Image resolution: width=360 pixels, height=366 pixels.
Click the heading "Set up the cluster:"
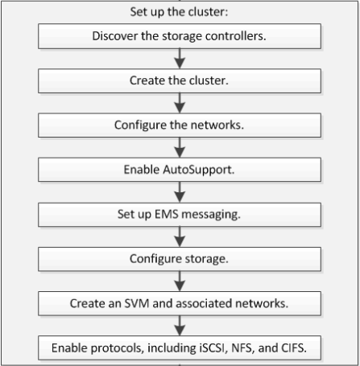coord(179,12)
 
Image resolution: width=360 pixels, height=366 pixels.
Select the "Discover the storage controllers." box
coord(180,36)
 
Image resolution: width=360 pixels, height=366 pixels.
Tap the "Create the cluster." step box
coord(180,81)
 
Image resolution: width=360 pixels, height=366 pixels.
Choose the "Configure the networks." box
coord(180,125)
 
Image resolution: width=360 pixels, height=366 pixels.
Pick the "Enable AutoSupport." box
coord(180,170)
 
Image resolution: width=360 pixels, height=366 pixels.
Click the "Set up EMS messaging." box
coord(180,215)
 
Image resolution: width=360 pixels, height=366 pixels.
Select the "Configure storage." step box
coord(180,259)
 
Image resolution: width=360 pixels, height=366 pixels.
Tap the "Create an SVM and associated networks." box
coord(180,303)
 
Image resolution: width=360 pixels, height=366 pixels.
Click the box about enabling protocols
coord(180,347)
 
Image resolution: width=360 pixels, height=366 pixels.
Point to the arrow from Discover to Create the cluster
coord(180,59)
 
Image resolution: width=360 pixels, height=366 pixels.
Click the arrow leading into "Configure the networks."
coord(180,103)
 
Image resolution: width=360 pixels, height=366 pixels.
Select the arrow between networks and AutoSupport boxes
coord(180,147)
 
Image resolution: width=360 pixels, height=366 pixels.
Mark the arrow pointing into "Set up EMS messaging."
coord(180,192)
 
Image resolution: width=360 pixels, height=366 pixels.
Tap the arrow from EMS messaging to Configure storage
coord(180,236)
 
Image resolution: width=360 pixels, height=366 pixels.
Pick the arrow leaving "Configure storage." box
coord(180,282)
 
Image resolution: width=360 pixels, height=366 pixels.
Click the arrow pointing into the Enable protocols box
coord(180,326)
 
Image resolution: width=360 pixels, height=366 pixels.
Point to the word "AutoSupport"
coord(198,171)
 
